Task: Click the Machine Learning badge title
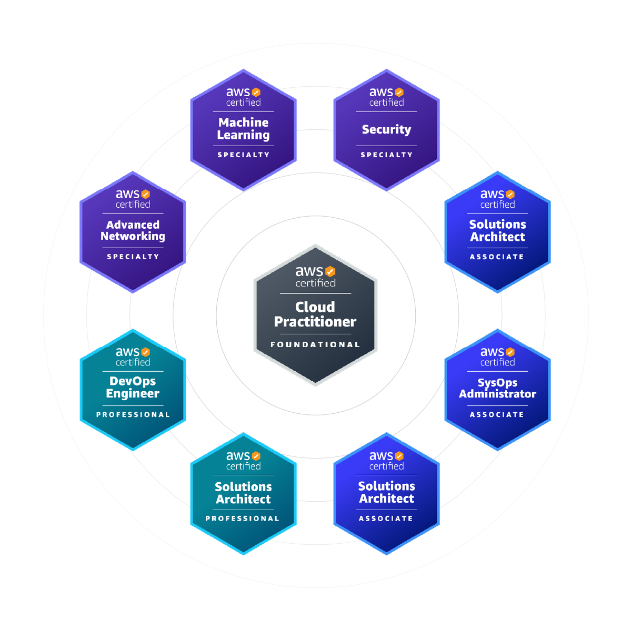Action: pos(243,129)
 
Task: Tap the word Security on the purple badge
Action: pos(386,129)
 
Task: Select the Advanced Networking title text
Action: pos(133,231)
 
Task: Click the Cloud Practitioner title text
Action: pos(315,314)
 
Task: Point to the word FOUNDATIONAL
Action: pos(315,344)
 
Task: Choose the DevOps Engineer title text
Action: pos(133,388)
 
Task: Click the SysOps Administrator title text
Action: pos(497,389)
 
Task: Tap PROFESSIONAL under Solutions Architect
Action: pos(243,518)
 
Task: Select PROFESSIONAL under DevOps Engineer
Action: pos(133,414)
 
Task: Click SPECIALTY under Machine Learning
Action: pos(243,155)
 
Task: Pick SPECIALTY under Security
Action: pos(386,155)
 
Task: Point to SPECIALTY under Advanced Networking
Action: pos(133,257)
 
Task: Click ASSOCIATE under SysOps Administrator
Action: pos(497,414)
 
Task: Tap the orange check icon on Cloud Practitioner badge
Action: pos(330,271)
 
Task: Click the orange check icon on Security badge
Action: pos(399,92)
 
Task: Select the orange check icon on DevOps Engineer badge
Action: pos(146,352)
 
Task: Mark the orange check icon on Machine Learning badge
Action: pos(256,92)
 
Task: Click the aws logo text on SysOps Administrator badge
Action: pos(492,352)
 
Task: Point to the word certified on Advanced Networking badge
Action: pos(133,205)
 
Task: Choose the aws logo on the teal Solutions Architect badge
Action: pos(238,456)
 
